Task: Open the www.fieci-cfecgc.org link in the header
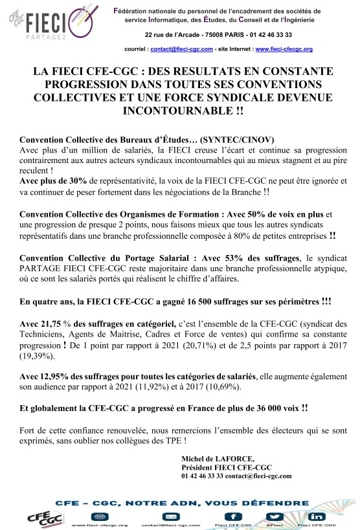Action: [284, 49]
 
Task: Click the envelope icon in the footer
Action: [169, 516]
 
